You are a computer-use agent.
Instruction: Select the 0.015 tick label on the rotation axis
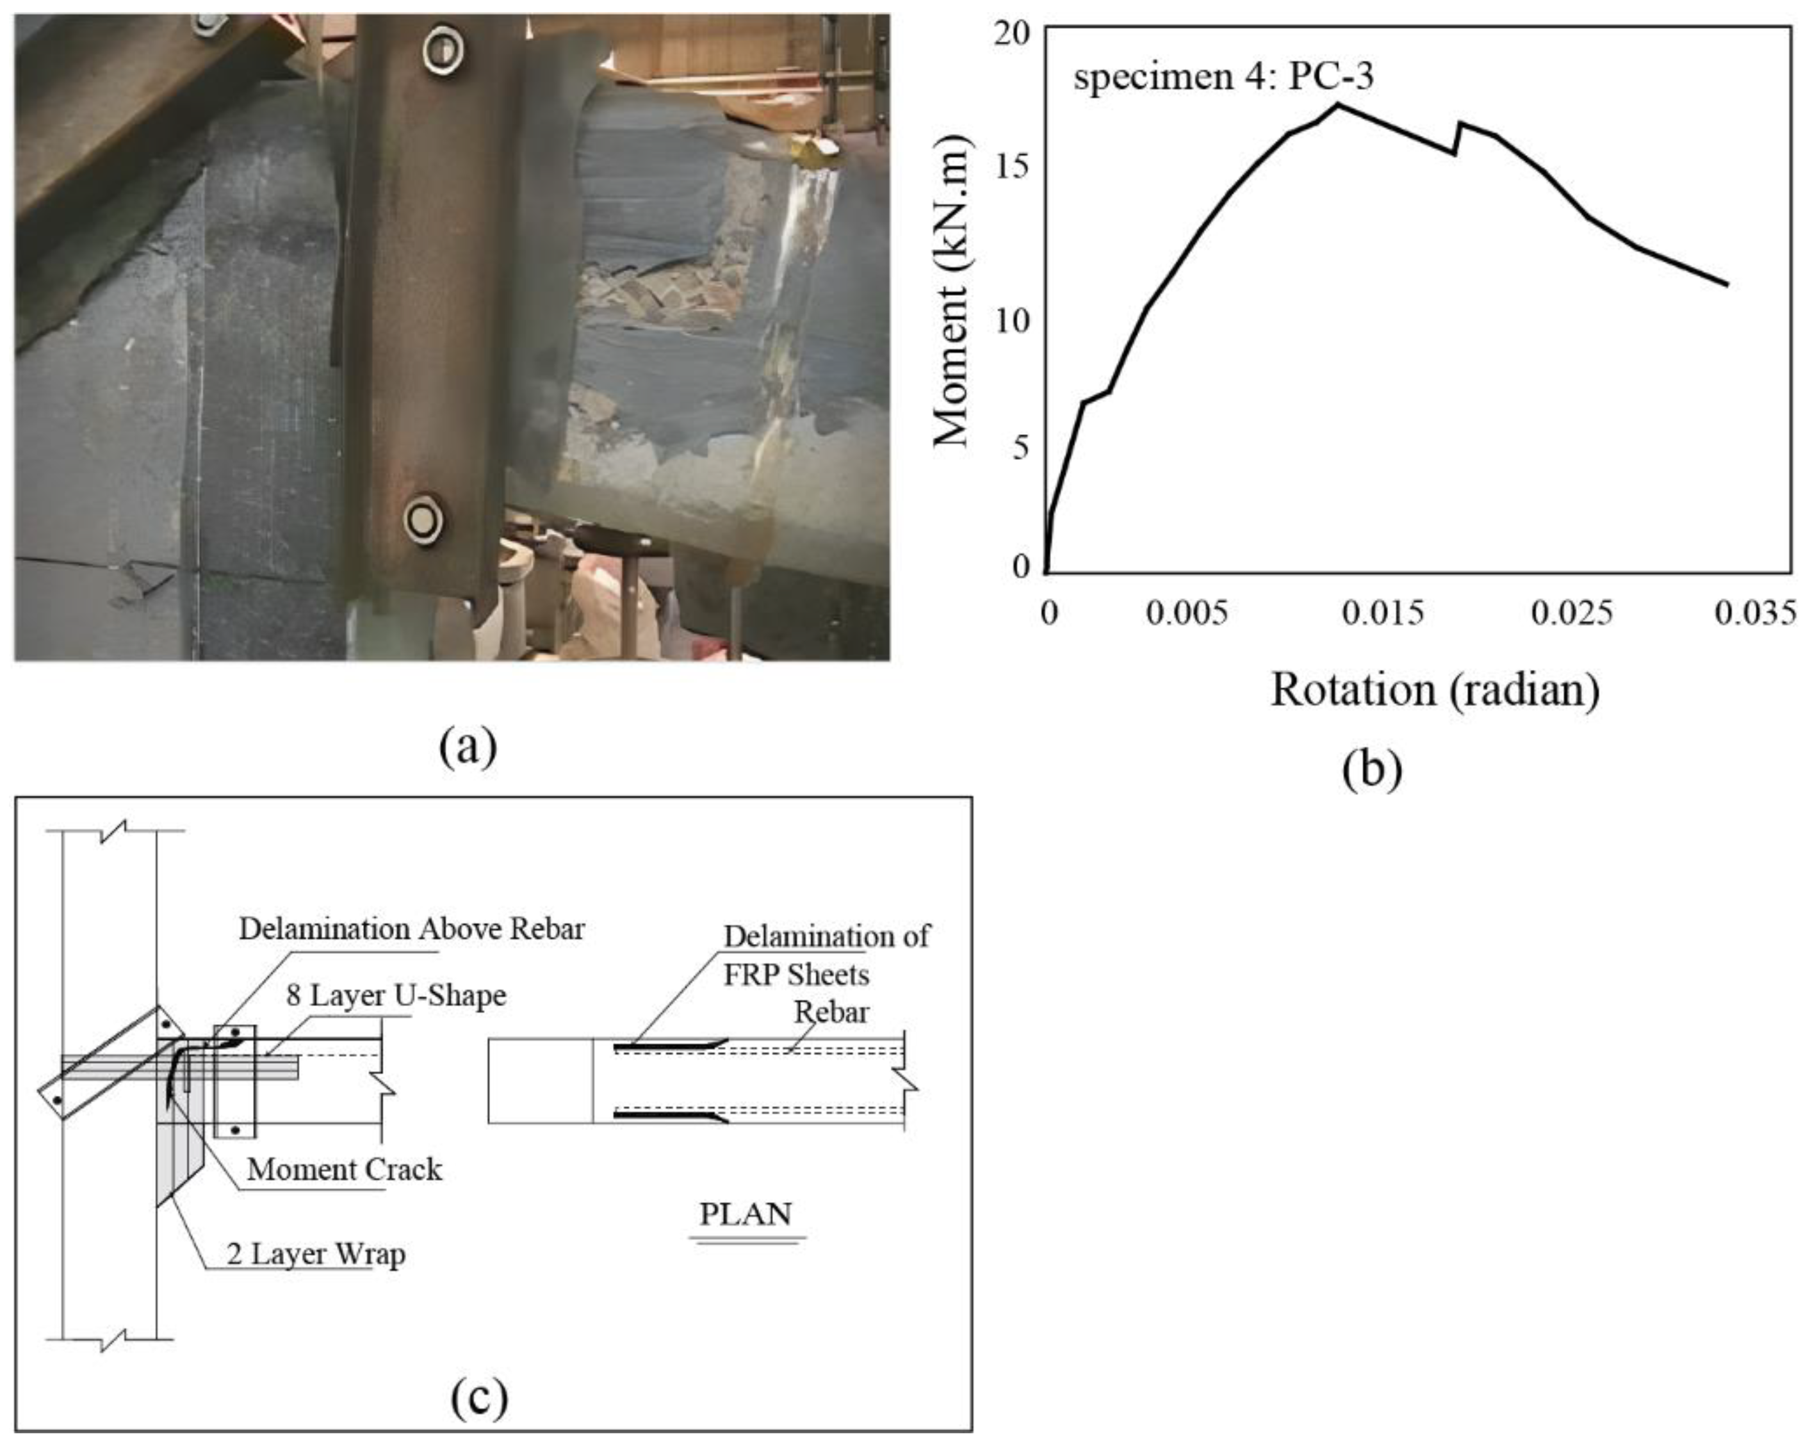[x=1383, y=614]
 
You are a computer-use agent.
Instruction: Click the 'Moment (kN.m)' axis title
[x=951, y=291]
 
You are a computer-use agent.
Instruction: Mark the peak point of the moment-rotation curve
[x=1337, y=104]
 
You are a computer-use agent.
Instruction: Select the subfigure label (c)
[x=479, y=1397]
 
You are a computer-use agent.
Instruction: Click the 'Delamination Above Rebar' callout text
[x=411, y=929]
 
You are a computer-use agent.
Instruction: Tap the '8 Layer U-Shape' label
[x=396, y=996]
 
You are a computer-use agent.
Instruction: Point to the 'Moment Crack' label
[x=344, y=1169]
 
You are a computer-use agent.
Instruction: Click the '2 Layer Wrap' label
[x=316, y=1254]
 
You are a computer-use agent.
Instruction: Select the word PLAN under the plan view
[x=746, y=1214]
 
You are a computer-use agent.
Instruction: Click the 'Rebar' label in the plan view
[x=831, y=1011]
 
